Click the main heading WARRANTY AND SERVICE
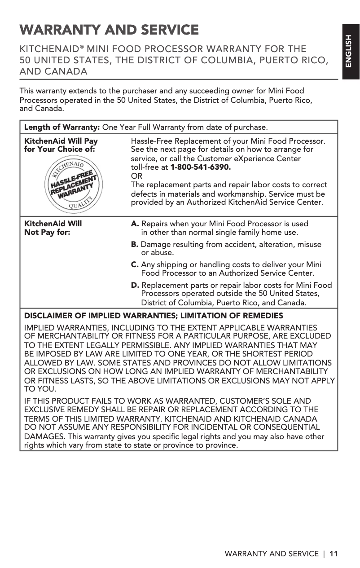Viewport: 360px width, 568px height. [x=109, y=30]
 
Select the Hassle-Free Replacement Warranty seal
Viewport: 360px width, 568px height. [x=72, y=184]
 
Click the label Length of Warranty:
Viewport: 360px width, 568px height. [x=62, y=127]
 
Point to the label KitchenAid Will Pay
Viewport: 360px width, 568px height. [x=61, y=141]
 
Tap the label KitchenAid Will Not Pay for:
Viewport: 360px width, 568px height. [x=53, y=228]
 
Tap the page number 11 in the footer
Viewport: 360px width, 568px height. [x=333, y=554]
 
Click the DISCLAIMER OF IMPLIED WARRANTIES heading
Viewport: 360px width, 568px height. [x=154, y=316]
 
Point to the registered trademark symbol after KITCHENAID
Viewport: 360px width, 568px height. [x=82, y=46]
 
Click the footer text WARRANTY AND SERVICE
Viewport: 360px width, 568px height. [x=272, y=554]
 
